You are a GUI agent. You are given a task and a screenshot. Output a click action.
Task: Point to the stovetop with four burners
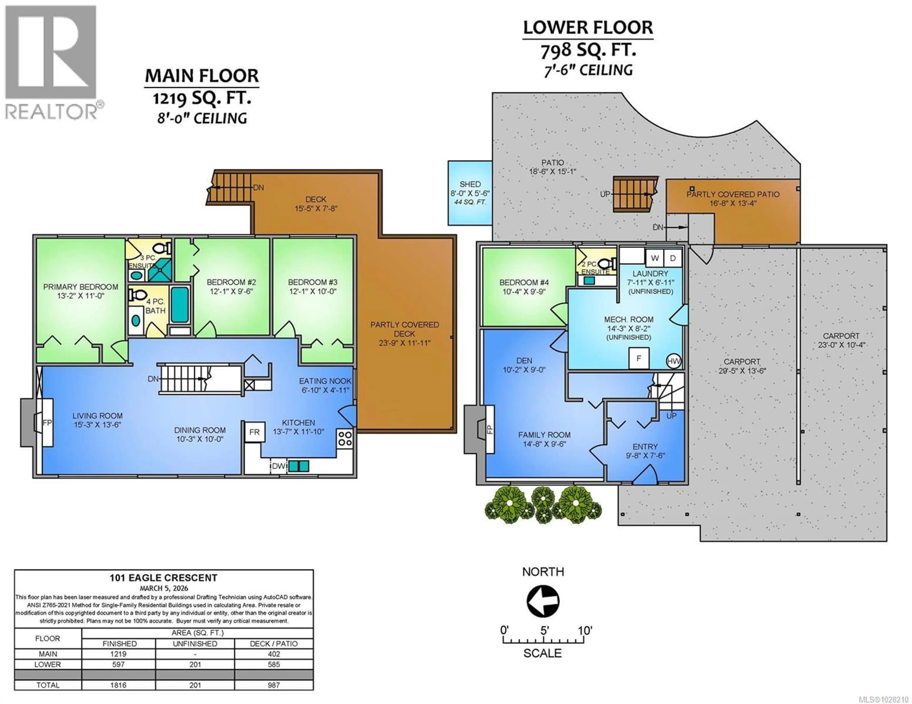tap(345, 438)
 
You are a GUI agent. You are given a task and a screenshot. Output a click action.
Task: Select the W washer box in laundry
tap(655, 258)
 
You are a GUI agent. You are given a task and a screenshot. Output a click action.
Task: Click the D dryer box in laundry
tap(673, 258)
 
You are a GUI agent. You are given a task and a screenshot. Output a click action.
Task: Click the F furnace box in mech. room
tap(638, 358)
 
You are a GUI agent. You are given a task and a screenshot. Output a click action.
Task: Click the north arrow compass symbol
tap(543, 601)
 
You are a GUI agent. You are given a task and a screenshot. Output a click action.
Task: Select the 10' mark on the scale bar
tap(585, 630)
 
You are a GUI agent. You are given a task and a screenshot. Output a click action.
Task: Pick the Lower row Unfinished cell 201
tap(195, 664)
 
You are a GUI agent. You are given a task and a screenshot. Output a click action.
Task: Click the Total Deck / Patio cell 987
tap(274, 685)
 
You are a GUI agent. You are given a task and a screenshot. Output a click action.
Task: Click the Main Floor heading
tap(202, 76)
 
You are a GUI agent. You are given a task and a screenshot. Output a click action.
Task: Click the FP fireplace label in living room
tap(47, 423)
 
